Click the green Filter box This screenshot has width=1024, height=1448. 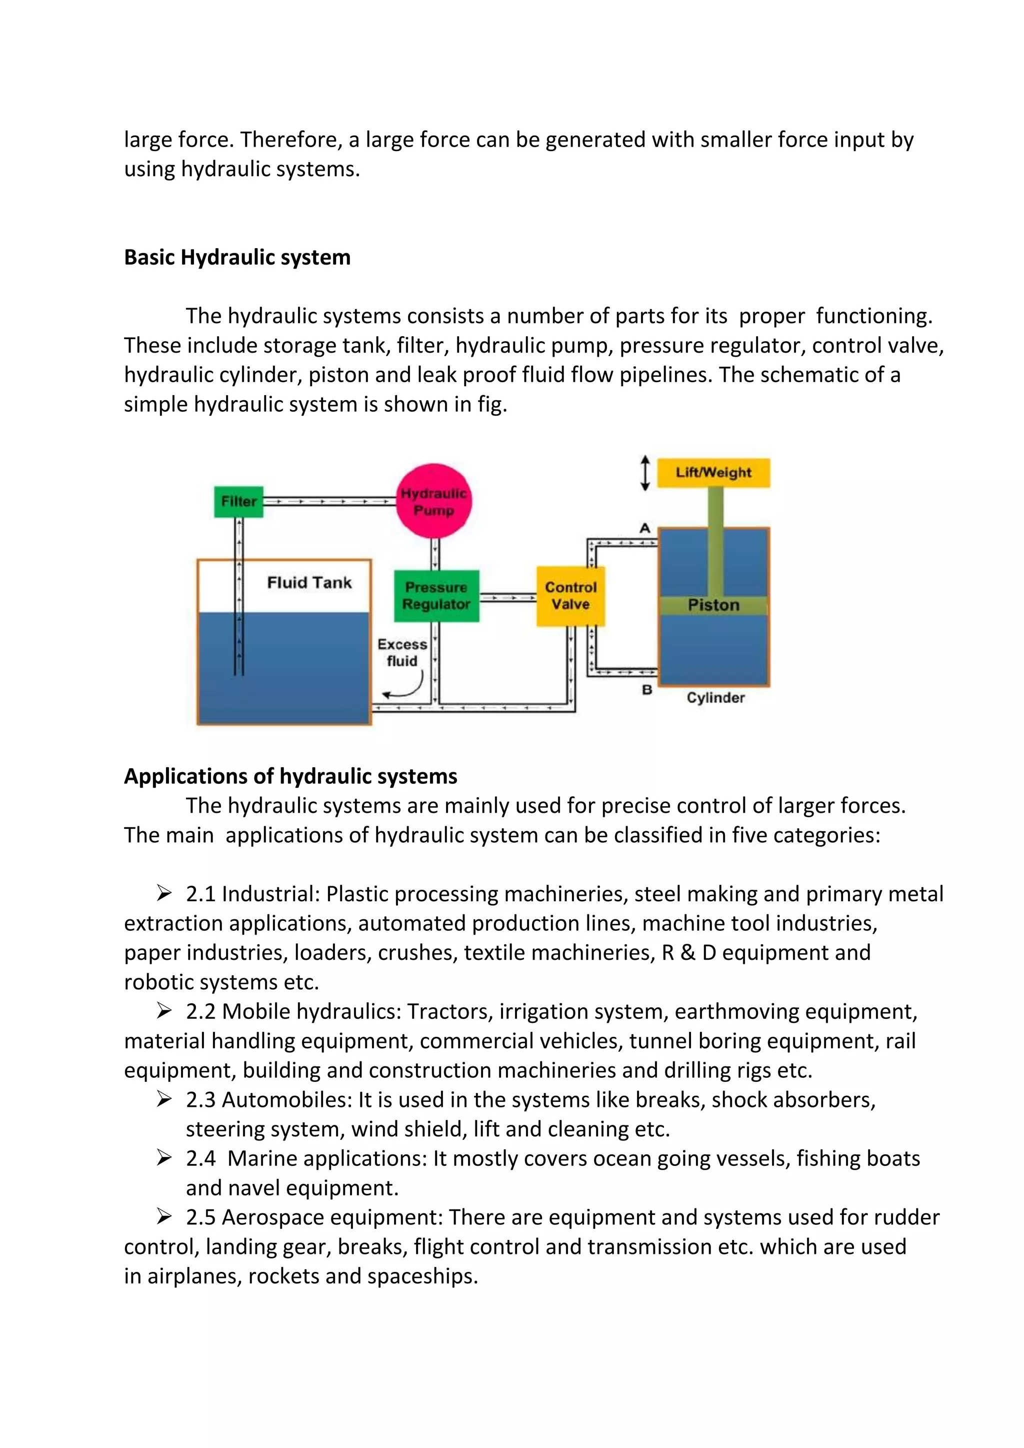click(x=238, y=501)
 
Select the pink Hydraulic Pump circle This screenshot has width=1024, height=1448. click(x=434, y=501)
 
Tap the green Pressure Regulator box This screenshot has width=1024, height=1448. click(x=436, y=596)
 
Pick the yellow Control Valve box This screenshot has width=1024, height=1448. click(x=570, y=596)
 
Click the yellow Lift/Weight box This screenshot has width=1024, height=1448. click(x=713, y=472)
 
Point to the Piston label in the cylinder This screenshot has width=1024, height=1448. click(x=713, y=605)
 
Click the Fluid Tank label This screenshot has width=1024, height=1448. click(x=309, y=583)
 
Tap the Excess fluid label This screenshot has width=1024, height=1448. click(x=402, y=653)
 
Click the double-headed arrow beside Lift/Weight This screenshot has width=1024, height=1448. click(x=644, y=473)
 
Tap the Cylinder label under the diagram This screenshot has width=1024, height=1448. click(x=715, y=698)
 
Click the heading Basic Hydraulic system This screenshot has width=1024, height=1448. click(x=237, y=257)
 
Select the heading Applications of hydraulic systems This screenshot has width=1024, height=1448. click(x=290, y=776)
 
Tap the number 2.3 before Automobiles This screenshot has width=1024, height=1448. click(x=200, y=1100)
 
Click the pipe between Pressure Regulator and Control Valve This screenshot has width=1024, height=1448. click(x=508, y=597)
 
